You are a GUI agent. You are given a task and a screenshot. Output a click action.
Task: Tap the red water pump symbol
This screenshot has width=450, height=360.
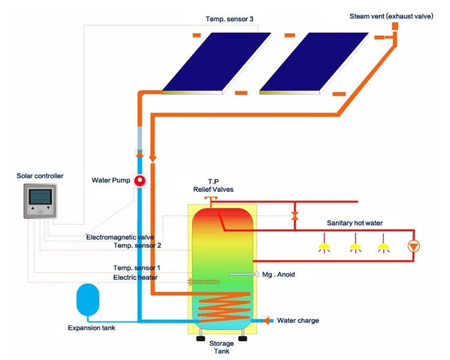(x=140, y=180)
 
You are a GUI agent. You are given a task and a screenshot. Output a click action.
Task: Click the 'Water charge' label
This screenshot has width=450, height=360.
(x=299, y=321)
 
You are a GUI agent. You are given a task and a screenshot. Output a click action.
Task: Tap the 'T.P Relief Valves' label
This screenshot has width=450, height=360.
(x=213, y=185)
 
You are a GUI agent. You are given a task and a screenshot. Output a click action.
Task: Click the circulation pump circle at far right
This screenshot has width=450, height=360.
(x=415, y=247)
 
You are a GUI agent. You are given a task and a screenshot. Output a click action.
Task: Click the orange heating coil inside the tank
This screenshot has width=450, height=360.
(x=221, y=307)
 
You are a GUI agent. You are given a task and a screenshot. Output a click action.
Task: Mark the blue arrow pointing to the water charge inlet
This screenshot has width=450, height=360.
(x=267, y=321)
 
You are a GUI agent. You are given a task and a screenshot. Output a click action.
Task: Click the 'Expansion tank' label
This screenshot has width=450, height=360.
(x=91, y=328)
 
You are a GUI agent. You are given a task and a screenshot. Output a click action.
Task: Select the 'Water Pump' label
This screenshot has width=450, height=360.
(x=111, y=180)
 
